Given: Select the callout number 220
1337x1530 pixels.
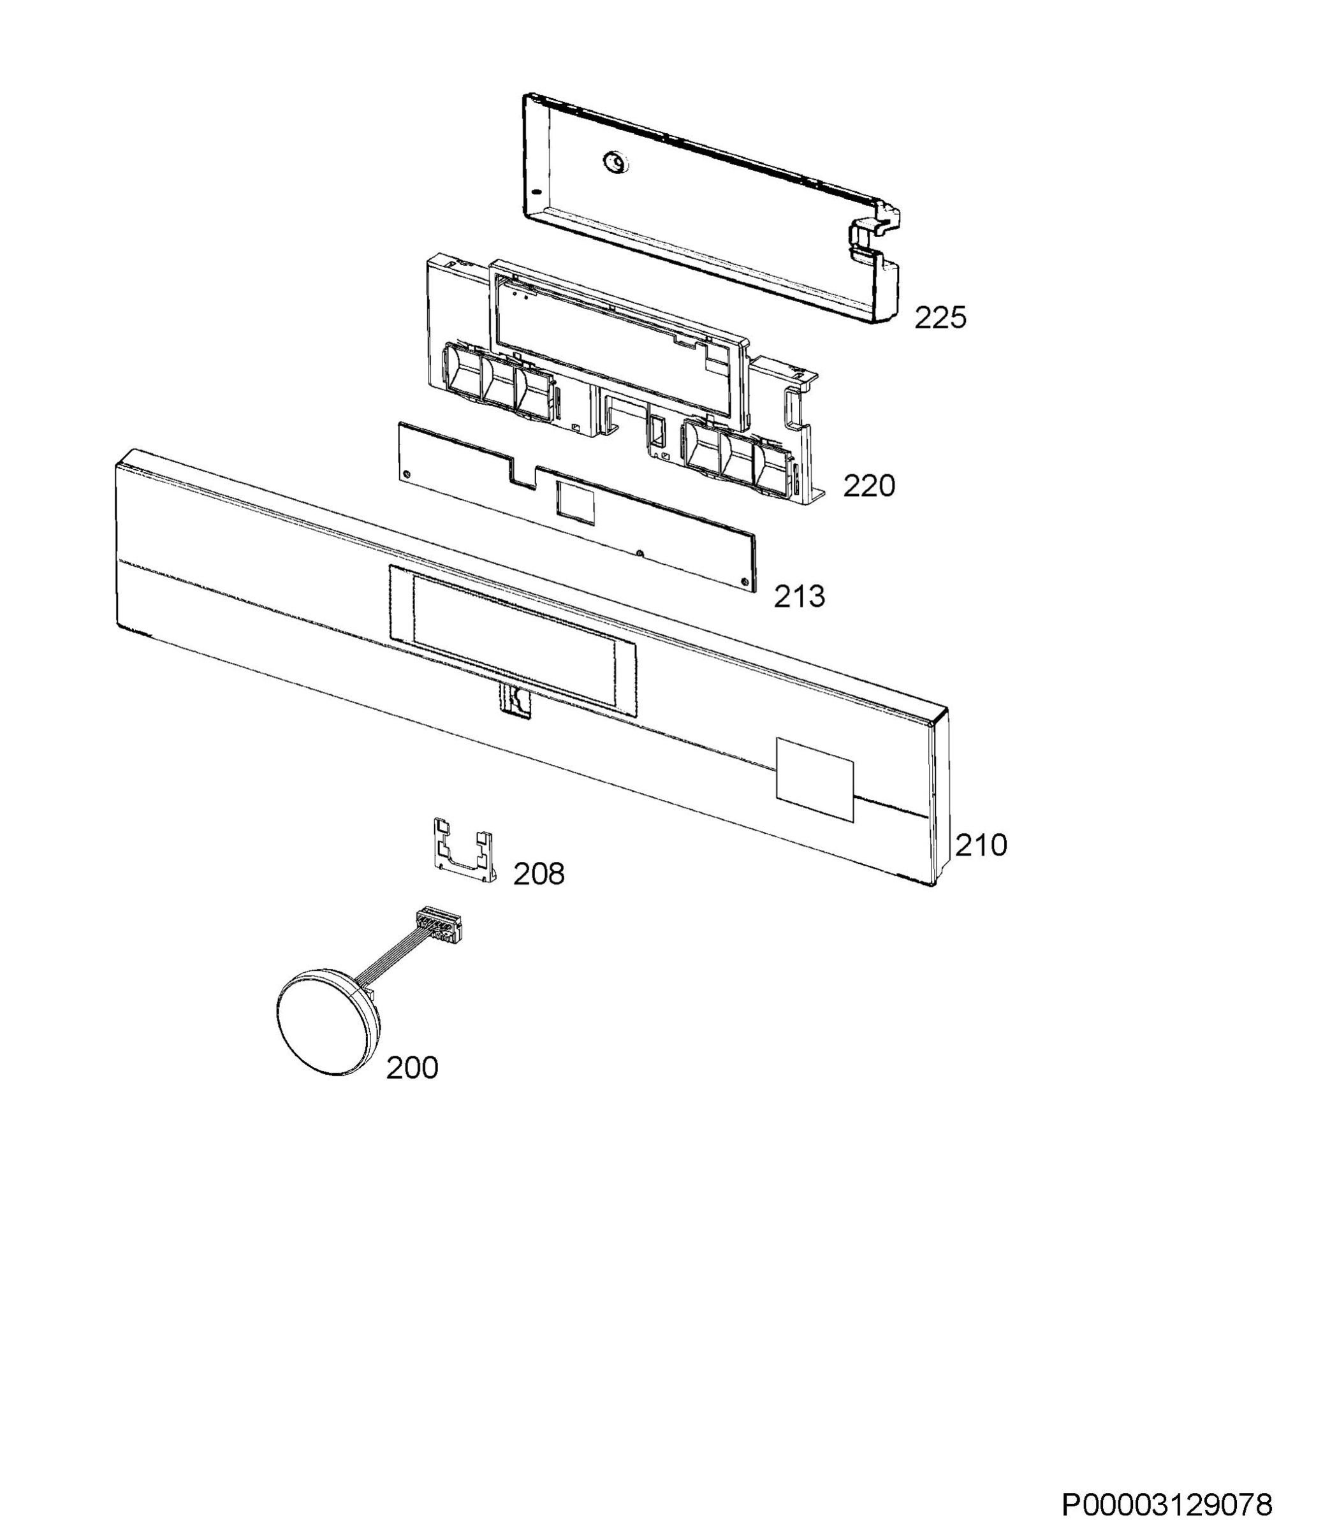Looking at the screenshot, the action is (x=869, y=486).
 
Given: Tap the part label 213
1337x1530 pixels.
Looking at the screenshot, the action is (x=799, y=597).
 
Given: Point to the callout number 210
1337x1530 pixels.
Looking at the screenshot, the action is (x=981, y=845).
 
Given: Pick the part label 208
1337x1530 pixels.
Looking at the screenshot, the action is (x=539, y=873).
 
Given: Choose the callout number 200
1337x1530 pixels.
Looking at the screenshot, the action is (x=412, y=1068).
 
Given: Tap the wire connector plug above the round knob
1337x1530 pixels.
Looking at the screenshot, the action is (x=437, y=924).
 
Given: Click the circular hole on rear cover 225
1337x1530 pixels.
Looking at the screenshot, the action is (x=615, y=161).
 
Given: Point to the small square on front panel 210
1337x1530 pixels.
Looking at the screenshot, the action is (x=814, y=780).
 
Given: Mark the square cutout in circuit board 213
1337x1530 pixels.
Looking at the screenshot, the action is (x=576, y=500).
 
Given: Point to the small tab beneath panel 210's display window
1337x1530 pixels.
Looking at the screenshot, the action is (x=515, y=701).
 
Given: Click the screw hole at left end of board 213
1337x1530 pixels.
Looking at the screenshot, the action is (x=406, y=474).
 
